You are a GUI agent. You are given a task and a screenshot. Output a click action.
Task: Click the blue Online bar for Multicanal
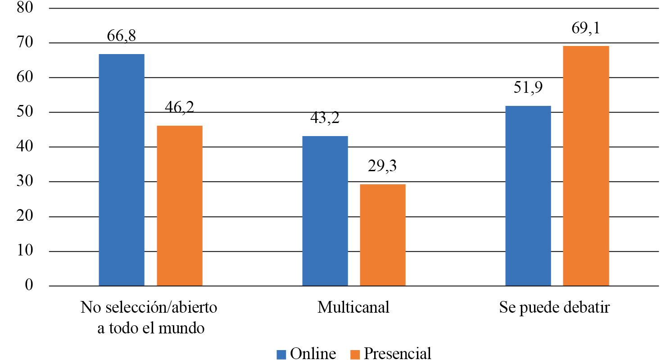325,211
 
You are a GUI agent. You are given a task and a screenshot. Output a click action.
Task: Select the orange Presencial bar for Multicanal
382,235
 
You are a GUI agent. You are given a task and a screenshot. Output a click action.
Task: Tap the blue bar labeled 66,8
122,170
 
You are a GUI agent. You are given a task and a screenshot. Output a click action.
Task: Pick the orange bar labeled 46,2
180,205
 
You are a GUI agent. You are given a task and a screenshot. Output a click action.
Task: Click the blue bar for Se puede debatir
528,196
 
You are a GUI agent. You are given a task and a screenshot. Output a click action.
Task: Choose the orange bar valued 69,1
586,166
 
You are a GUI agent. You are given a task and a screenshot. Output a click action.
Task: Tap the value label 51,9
528,88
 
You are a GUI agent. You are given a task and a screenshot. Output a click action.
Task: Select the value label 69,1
586,28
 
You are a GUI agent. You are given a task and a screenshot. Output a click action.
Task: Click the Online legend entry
306,353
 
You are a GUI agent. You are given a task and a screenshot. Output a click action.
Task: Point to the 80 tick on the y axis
25,8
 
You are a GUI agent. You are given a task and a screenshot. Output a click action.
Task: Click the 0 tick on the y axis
29,286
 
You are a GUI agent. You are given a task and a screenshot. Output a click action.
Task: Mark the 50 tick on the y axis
25,112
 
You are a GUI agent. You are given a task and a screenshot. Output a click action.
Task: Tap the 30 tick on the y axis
25,182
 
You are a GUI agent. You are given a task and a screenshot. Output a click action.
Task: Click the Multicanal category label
353,308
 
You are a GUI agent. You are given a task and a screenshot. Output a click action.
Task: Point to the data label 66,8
122,36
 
